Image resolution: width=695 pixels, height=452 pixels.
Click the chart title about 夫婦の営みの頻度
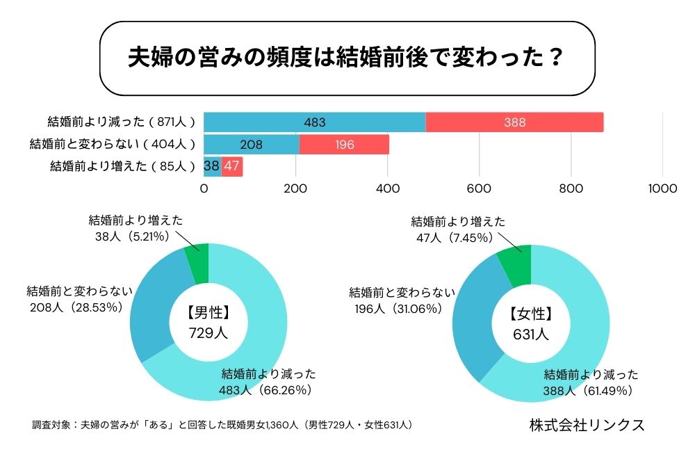point(345,58)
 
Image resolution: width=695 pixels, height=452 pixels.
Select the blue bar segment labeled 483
point(314,122)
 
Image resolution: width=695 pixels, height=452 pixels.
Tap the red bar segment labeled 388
point(514,122)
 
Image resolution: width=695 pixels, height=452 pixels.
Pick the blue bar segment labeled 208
point(251,145)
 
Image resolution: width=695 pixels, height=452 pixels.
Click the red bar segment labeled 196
point(344,145)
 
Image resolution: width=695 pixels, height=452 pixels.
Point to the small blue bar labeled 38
point(212,167)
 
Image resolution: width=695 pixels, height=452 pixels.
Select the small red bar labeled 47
point(232,167)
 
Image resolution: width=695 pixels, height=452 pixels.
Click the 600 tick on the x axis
point(480,188)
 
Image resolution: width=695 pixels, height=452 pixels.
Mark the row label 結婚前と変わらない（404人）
point(112,145)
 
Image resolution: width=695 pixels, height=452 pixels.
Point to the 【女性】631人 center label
point(530,323)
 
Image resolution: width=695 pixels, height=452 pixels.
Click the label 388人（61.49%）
point(588,391)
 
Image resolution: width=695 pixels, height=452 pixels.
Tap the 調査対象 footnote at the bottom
point(223,424)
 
